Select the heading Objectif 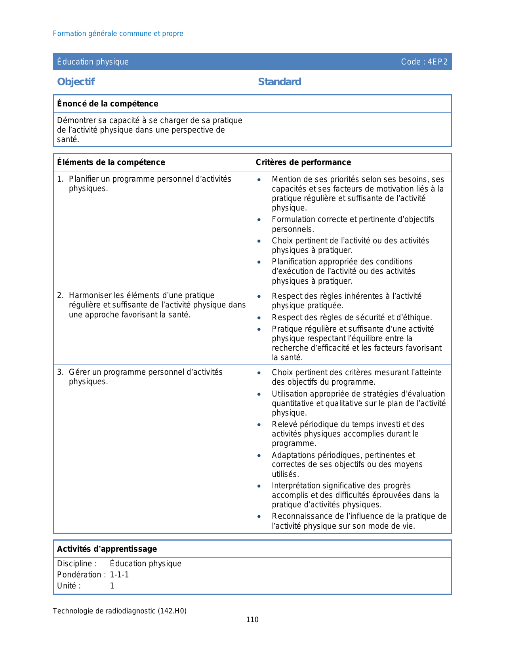(x=76, y=82)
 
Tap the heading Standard (x=279, y=82)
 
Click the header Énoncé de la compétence (x=107, y=104)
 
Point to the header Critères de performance (x=303, y=162)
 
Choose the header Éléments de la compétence (x=111, y=162)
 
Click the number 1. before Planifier (x=60, y=179)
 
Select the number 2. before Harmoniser (x=60, y=296)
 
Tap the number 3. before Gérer (x=60, y=372)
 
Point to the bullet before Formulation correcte (x=259, y=220)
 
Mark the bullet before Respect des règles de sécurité (x=259, y=318)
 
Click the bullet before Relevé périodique (x=259, y=425)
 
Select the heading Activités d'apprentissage (x=107, y=549)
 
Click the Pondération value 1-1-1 (x=119, y=575)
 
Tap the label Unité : (x=69, y=586)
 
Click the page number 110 (x=252, y=620)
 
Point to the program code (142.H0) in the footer (x=172, y=611)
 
